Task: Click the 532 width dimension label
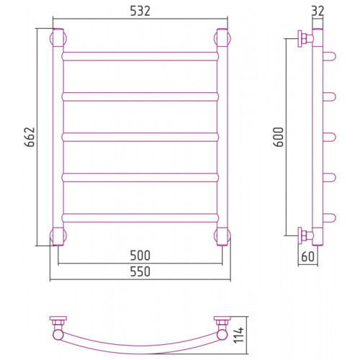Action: pos(140,11)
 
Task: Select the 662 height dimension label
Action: pos(30,137)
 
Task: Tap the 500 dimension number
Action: pos(140,256)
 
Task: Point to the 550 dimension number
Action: pos(140,271)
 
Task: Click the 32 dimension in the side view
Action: pos(318,11)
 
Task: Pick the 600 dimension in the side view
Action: pos(279,137)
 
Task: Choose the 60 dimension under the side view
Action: pos(307,256)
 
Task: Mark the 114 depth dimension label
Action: pos(239,335)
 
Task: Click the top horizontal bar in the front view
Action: pos(140,56)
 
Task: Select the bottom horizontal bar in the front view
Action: pos(140,217)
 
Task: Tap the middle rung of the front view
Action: pos(140,137)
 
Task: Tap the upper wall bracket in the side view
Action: pos(305,38)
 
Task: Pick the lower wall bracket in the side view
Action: pos(305,235)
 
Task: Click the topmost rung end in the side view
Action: pos(330,56)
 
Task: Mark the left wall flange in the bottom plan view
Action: pos(58,318)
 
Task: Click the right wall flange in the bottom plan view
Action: pos(222,318)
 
